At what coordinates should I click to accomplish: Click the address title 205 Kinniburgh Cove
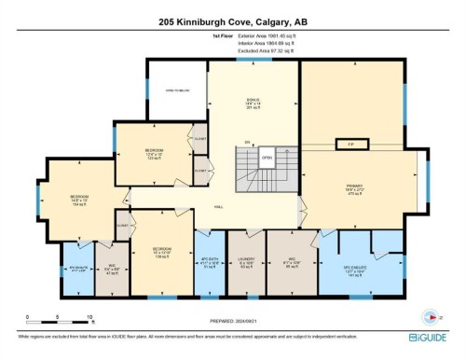tap(233, 21)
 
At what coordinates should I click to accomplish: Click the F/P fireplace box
tap(351, 144)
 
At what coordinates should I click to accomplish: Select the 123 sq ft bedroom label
tap(155, 152)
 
